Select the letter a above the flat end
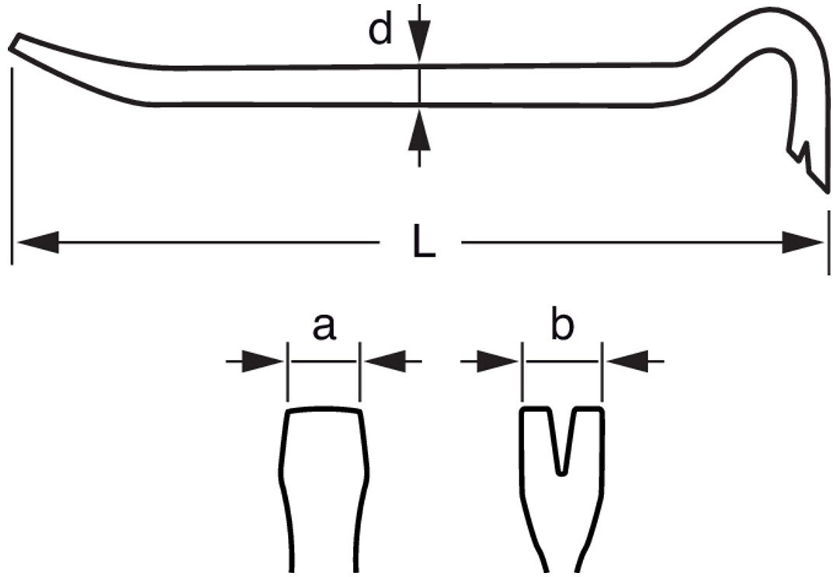pyautogui.click(x=324, y=327)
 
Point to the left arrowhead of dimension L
pyautogui.click(x=37, y=242)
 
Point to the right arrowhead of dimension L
pyautogui.click(x=802, y=242)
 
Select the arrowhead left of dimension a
pyautogui.click(x=262, y=361)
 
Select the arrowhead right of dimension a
pyautogui.click(x=386, y=361)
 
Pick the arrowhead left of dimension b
pyautogui.click(x=498, y=361)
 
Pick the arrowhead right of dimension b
pyautogui.click(x=628, y=361)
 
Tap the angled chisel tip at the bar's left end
pyautogui.click(x=15, y=43)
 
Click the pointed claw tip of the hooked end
pyautogui.click(x=825, y=190)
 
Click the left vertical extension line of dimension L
pyautogui.click(x=11, y=165)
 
